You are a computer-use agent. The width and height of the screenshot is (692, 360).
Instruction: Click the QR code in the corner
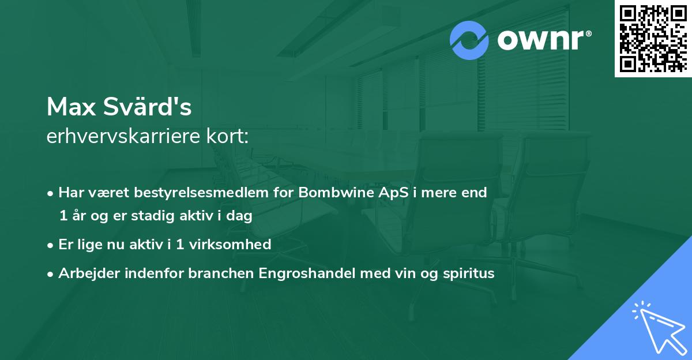click(x=653, y=38)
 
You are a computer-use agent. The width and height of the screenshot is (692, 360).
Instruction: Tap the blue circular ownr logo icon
click(x=469, y=40)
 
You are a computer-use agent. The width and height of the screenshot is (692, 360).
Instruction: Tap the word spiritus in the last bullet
click(x=468, y=273)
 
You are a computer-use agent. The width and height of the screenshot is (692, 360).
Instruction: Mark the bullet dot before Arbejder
click(x=51, y=274)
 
